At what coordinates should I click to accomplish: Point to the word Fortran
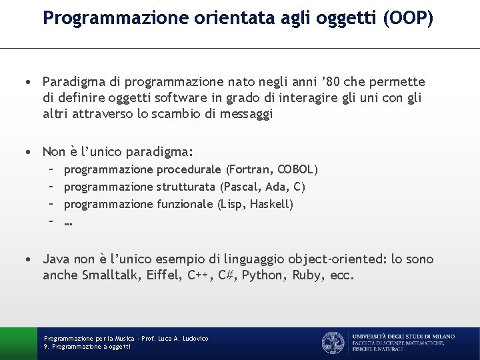pos(251,169)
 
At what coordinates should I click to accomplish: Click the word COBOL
pos(296,169)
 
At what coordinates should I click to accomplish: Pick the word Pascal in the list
pos(243,187)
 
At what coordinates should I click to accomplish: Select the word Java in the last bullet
pos(57,259)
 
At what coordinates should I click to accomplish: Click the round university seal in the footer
pos(333,343)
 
